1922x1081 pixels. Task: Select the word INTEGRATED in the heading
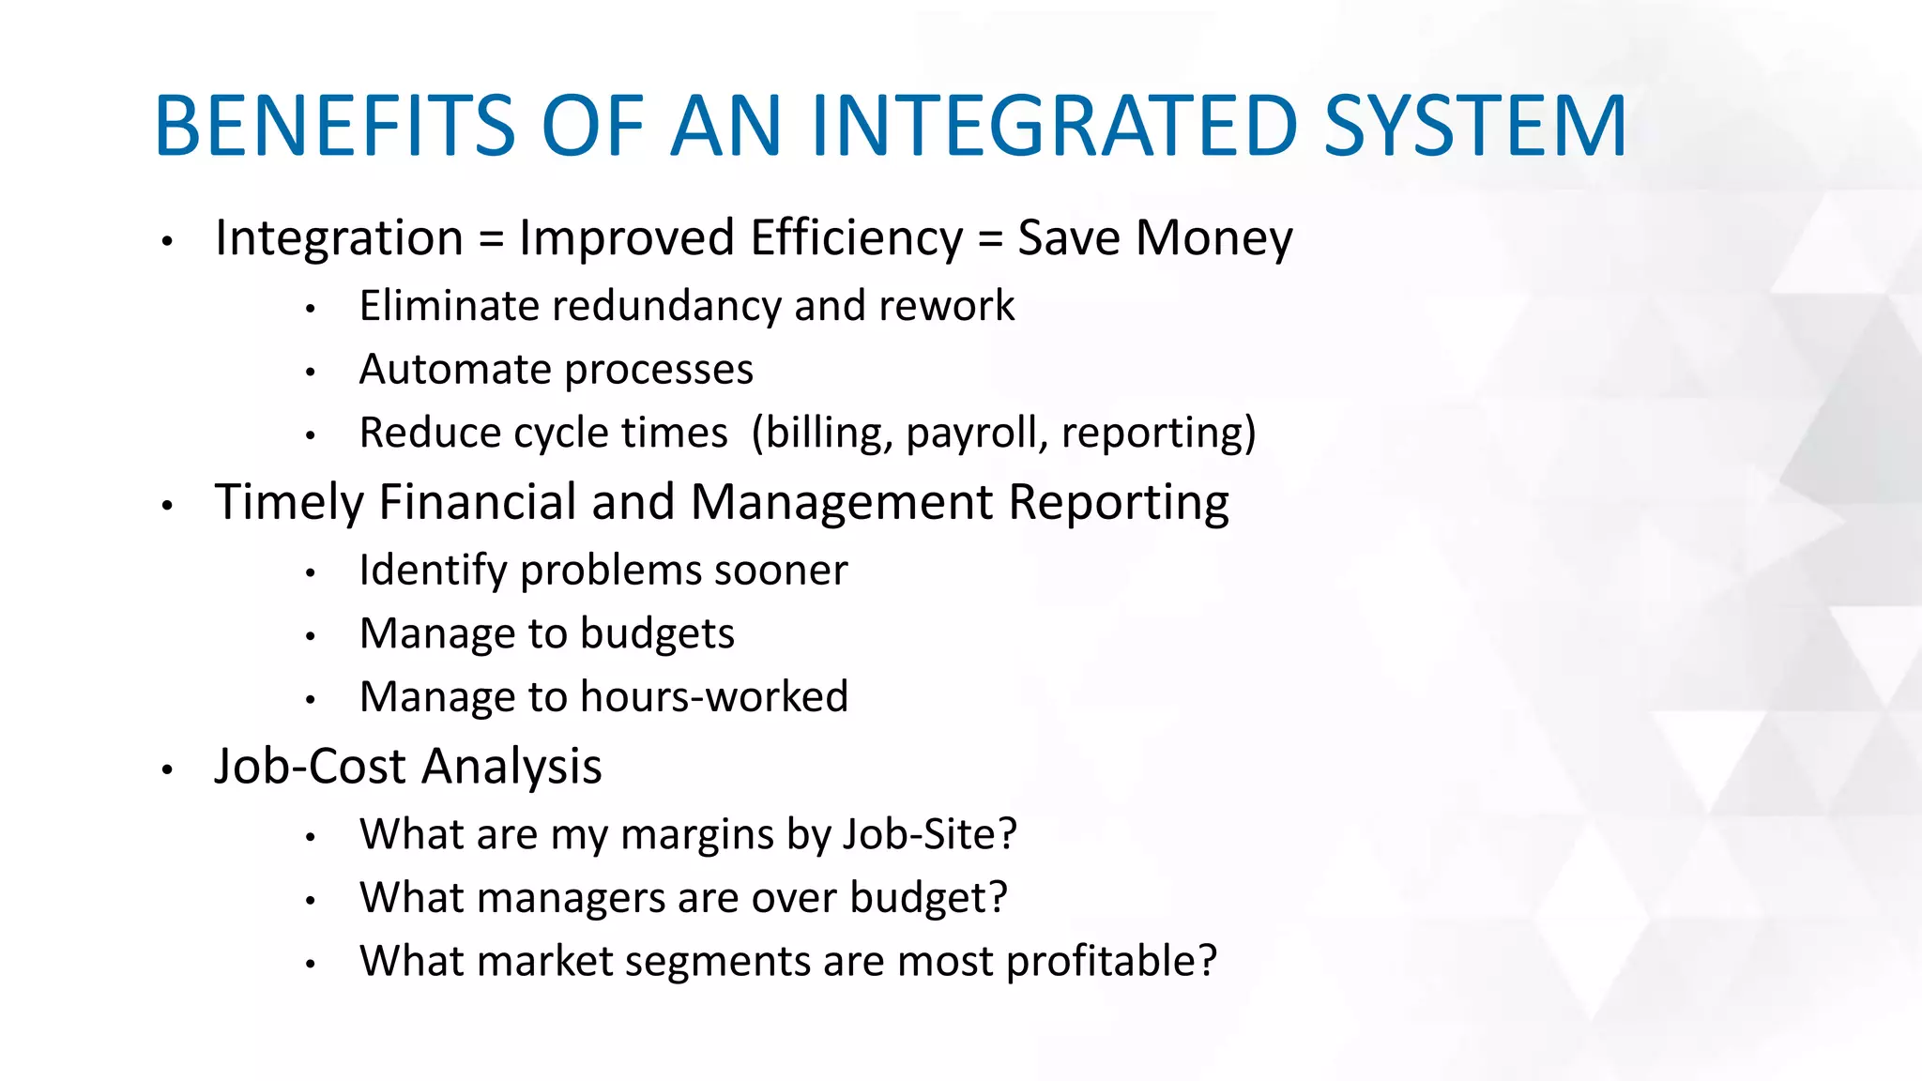(x=1054, y=126)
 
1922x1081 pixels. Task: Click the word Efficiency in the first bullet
(x=856, y=238)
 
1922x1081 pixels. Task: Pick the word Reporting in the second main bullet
(x=1118, y=503)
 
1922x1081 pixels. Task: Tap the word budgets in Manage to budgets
(x=657, y=634)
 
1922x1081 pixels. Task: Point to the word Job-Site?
(x=929, y=834)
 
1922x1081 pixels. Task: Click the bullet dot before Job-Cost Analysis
(x=167, y=770)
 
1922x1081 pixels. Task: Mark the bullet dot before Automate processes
(x=311, y=373)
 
